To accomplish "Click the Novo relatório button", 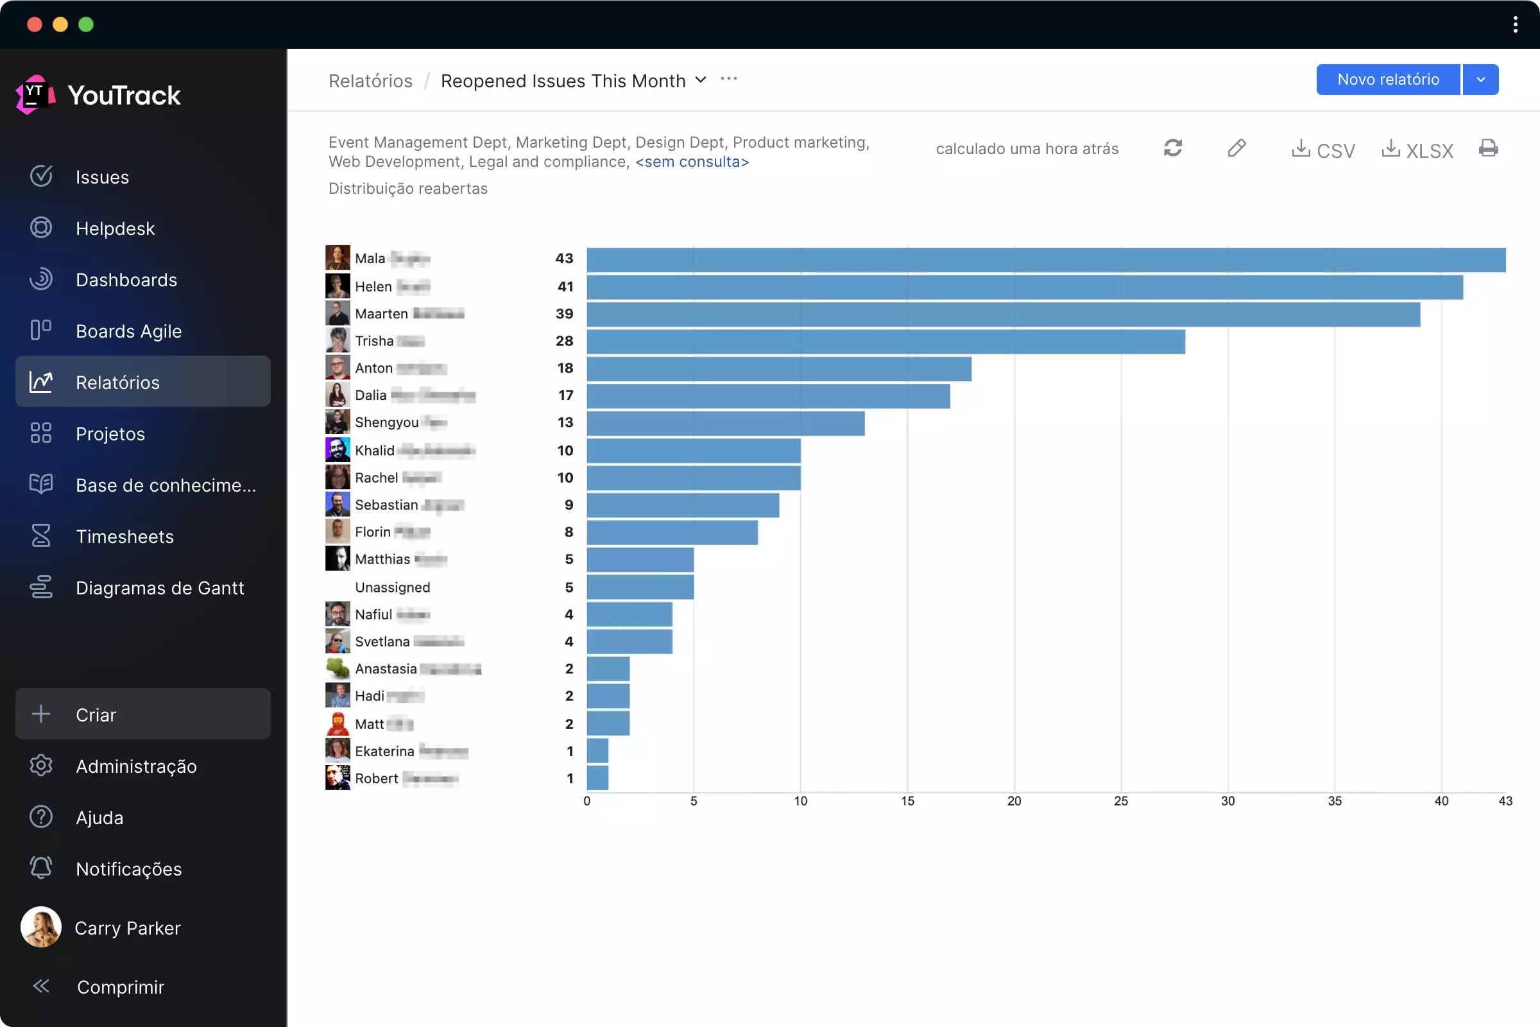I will (x=1387, y=80).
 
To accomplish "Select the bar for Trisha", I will (x=886, y=342).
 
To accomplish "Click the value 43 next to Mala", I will (x=564, y=259).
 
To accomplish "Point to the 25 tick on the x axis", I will (x=1120, y=801).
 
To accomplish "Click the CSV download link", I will (x=1322, y=150).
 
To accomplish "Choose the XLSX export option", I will (x=1417, y=150).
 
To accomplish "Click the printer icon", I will (x=1487, y=149).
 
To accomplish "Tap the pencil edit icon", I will (x=1236, y=149).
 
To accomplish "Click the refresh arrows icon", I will (x=1173, y=149).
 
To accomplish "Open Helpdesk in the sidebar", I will (x=116, y=229).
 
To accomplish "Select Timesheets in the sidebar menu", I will (x=124, y=537).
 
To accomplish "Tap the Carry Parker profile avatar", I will (x=41, y=927).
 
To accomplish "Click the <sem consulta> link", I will (x=692, y=162).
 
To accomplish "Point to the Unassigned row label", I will (x=392, y=587).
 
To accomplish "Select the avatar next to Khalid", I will (x=338, y=450).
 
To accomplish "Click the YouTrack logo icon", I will (x=35, y=95).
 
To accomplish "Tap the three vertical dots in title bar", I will (x=1515, y=25).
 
